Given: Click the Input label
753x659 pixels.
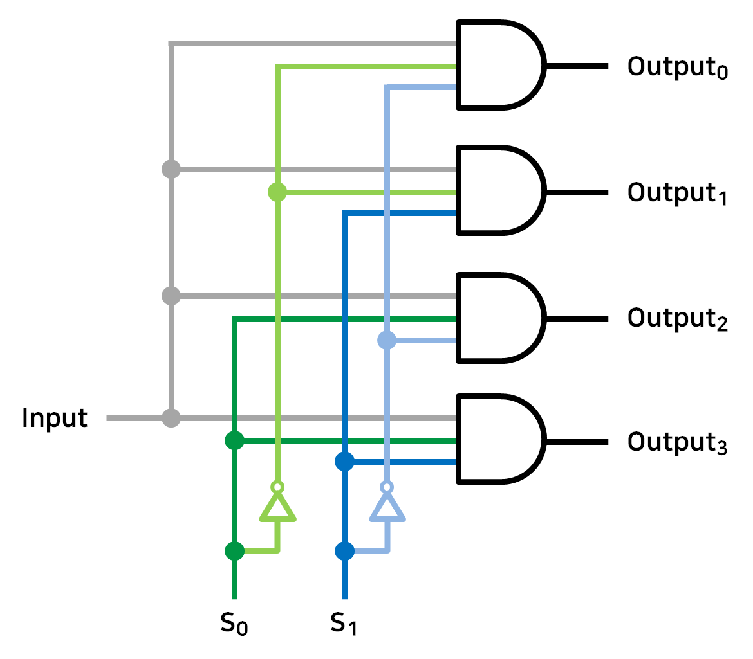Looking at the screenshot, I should click(x=54, y=419).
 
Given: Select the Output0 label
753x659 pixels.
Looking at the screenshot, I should click(x=677, y=68).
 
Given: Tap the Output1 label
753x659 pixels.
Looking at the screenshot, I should click(x=677, y=194).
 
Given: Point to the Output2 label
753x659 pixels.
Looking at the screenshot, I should click(x=677, y=319).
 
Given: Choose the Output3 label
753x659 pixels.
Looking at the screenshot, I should click(x=677, y=443).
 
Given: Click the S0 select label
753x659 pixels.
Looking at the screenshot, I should click(x=234, y=622).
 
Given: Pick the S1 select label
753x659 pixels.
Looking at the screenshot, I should click(x=344, y=622).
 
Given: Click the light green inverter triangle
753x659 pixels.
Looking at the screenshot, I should click(x=277, y=509).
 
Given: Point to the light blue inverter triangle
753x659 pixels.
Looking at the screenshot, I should click(x=387, y=509).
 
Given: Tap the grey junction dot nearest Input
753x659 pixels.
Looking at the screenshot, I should click(x=171, y=419).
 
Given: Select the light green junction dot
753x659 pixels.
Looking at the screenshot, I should click(x=277, y=192).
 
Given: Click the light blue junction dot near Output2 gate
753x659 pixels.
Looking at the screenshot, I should click(x=386, y=340).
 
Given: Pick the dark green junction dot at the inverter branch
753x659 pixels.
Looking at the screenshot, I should click(x=234, y=551).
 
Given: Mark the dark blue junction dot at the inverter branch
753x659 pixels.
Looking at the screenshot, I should click(x=345, y=551).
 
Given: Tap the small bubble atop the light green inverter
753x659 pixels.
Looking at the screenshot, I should click(x=277, y=486).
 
